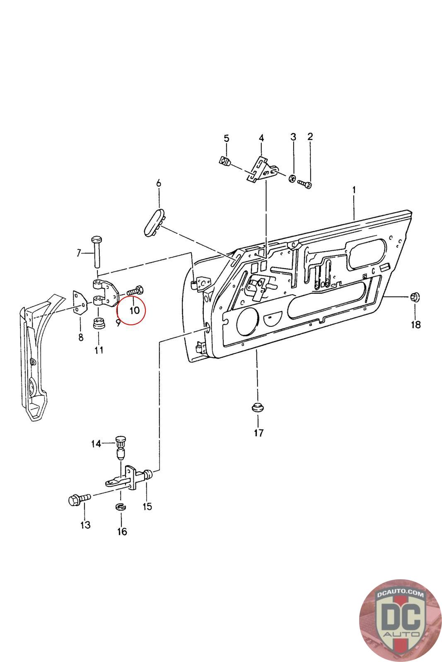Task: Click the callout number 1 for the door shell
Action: pyautogui.click(x=354, y=190)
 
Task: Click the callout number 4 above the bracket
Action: pyautogui.click(x=261, y=138)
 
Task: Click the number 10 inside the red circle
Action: pyautogui.click(x=135, y=309)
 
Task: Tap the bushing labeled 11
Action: pyautogui.click(x=98, y=324)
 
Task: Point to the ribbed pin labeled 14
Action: pyautogui.click(x=120, y=447)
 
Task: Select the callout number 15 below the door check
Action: pyautogui.click(x=147, y=506)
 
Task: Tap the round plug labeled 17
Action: pyautogui.click(x=258, y=408)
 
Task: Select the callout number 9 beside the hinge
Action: pyautogui.click(x=118, y=323)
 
